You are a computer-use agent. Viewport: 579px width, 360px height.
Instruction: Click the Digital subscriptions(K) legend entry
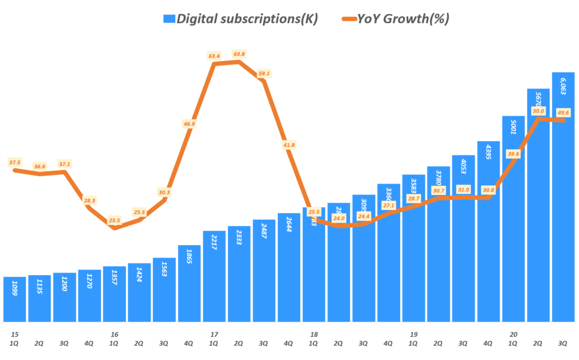[240, 19]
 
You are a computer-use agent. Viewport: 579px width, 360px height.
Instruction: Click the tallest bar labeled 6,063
[563, 197]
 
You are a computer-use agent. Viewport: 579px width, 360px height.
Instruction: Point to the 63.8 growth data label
[239, 54]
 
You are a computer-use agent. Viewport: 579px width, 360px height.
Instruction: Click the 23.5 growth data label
[114, 221]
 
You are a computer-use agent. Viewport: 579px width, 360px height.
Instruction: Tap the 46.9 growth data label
[189, 124]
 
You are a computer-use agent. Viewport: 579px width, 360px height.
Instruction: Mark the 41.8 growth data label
[289, 145]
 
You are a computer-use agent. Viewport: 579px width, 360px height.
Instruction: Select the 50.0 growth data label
[538, 112]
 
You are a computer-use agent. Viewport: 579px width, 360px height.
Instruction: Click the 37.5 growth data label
[15, 162]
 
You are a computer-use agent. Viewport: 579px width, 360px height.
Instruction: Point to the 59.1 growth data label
[264, 73]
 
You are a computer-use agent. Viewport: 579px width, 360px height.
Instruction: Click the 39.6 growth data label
[513, 154]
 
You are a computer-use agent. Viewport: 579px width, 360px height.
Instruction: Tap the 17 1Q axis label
[214, 339]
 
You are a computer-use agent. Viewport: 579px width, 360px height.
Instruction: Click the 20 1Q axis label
[513, 339]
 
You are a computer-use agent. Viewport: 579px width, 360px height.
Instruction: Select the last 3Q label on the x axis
[563, 342]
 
